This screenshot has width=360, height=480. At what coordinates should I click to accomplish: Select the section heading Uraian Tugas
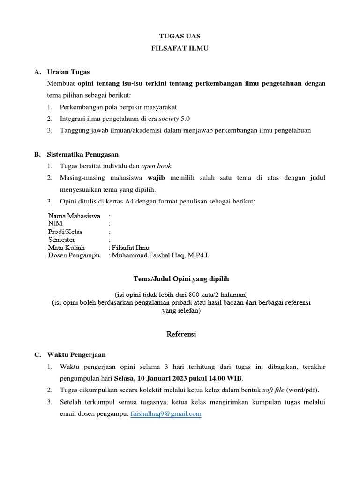[68, 72]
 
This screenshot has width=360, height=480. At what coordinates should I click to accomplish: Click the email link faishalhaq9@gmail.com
[165, 414]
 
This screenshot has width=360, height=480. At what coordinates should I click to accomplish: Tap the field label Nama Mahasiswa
[74, 216]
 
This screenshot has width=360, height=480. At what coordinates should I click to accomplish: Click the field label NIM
[55, 224]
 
